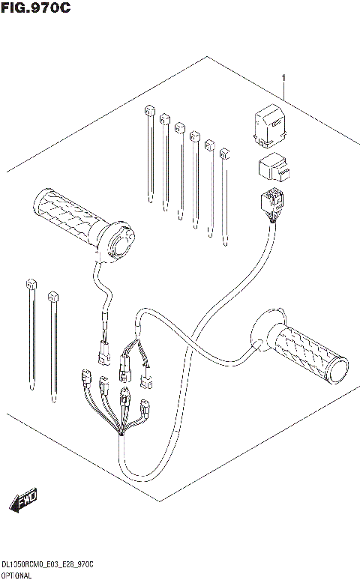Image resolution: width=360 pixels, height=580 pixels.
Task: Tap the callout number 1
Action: click(x=284, y=78)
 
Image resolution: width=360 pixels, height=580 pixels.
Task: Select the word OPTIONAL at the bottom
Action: click(x=16, y=573)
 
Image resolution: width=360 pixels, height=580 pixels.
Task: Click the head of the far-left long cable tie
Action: click(x=31, y=285)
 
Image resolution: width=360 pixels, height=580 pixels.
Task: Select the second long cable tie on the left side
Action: click(x=54, y=345)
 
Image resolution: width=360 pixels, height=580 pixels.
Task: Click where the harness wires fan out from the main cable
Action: click(x=121, y=432)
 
